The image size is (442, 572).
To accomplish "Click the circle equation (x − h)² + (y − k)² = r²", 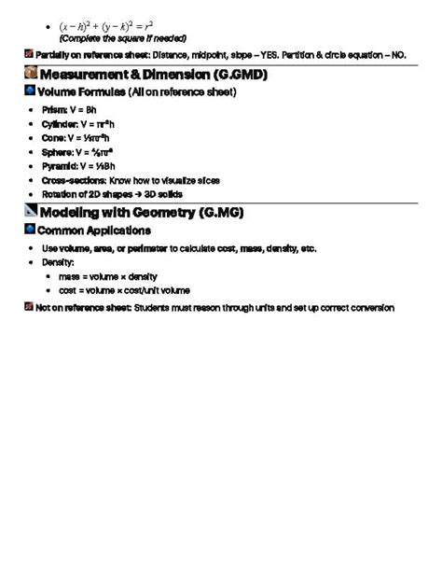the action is [105, 25].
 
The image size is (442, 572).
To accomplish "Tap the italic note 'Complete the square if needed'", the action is [122, 38].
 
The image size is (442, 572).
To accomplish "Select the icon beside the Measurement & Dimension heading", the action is [31, 73].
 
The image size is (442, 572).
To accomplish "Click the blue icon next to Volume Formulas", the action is [30, 91].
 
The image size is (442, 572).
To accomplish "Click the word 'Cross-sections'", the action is [68, 180].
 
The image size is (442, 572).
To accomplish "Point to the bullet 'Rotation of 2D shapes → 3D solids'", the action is [112, 194].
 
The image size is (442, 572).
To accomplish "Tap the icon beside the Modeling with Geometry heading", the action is [31, 212].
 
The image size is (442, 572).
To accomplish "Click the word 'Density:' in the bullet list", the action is [58, 263].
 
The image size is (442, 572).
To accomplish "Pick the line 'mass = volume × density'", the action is [107, 277].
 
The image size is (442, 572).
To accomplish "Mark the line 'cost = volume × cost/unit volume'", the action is [124, 291].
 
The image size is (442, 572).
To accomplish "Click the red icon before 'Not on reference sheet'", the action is [29, 307].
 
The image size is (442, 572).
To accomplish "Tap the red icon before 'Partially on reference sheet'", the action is [29, 55].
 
